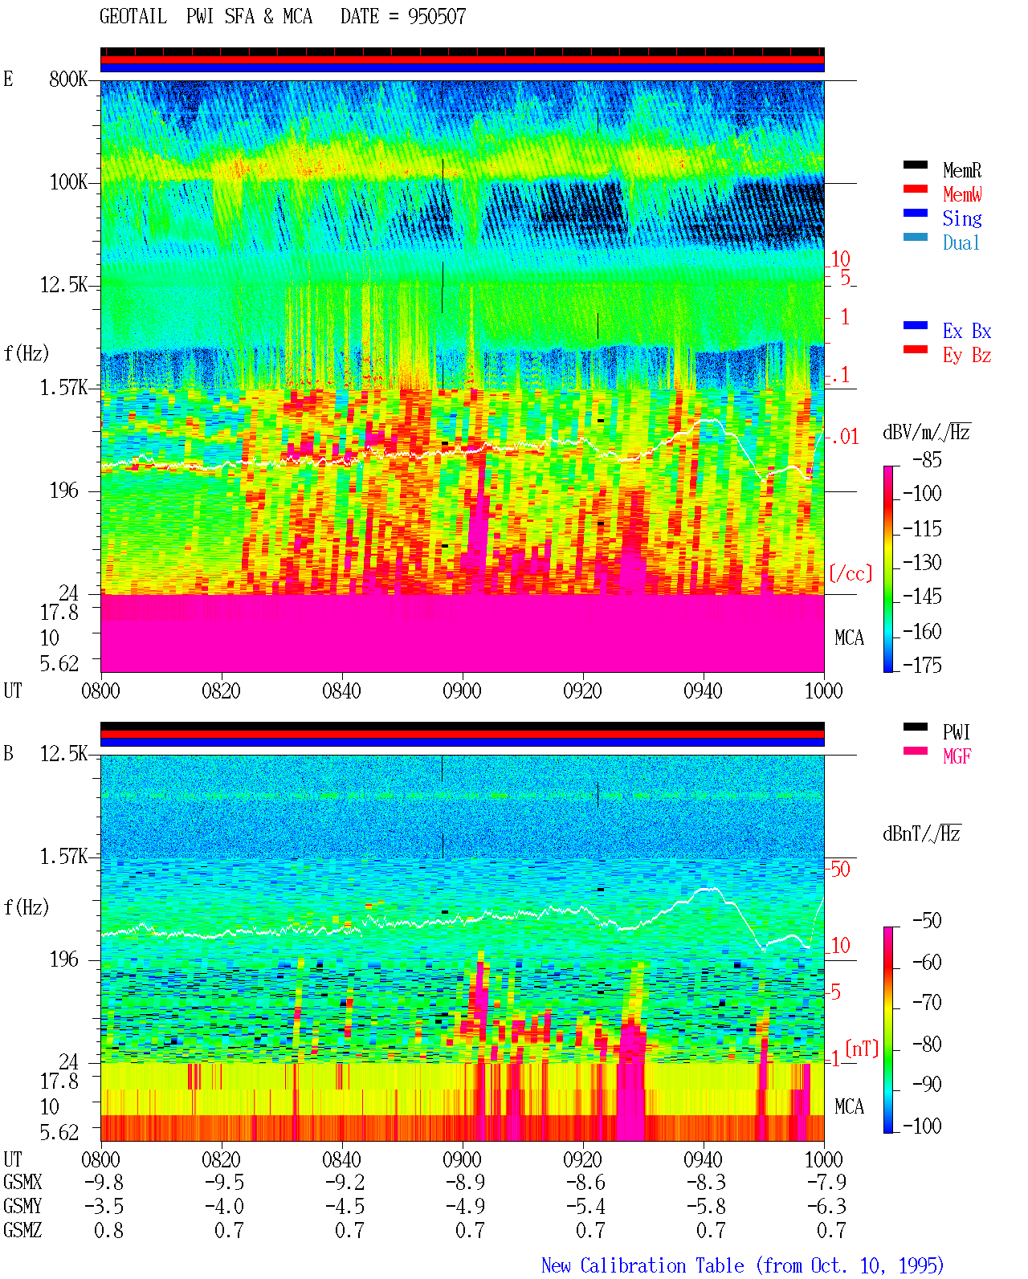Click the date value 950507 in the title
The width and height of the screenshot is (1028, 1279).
436,17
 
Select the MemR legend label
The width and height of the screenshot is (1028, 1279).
961,170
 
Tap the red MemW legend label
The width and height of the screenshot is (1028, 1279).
962,194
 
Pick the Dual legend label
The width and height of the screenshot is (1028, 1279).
961,242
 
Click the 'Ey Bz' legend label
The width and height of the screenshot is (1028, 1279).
967,355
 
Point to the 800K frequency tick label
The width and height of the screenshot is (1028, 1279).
68,79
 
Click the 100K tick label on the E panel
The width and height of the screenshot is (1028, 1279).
68,182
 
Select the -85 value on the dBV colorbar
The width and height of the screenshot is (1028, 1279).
927,459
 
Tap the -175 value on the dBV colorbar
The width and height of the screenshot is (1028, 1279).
922,665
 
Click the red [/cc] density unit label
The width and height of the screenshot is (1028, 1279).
851,573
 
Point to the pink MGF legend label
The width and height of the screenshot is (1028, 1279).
957,756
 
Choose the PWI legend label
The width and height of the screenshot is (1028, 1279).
956,732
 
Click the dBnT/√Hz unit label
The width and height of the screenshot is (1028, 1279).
921,833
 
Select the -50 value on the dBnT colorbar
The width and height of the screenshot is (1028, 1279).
927,921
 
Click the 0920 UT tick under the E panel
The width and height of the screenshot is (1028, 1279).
583,690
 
